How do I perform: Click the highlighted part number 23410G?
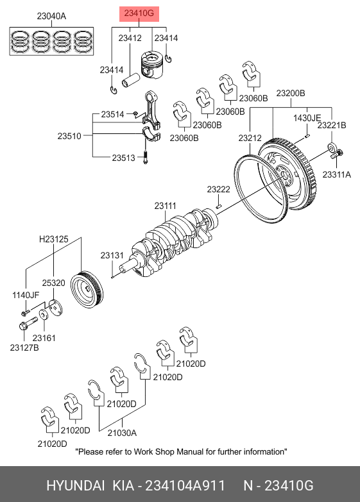[x=139, y=13]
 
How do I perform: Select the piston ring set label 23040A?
[x=51, y=15]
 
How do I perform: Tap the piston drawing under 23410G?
[x=151, y=65]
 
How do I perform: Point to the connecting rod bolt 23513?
[x=146, y=158]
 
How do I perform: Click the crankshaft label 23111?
[x=165, y=206]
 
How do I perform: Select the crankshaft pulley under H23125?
[x=87, y=289]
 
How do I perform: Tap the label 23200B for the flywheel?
[x=291, y=93]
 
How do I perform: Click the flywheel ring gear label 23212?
[x=250, y=138]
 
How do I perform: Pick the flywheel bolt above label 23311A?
[x=337, y=154]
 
